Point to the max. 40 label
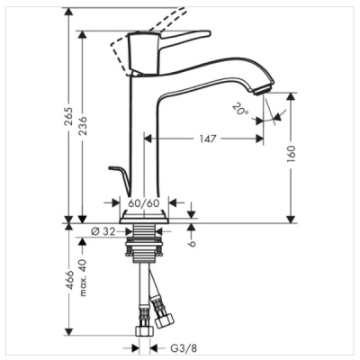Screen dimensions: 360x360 click(x=81, y=275)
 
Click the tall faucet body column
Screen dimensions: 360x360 click(x=145, y=135)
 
